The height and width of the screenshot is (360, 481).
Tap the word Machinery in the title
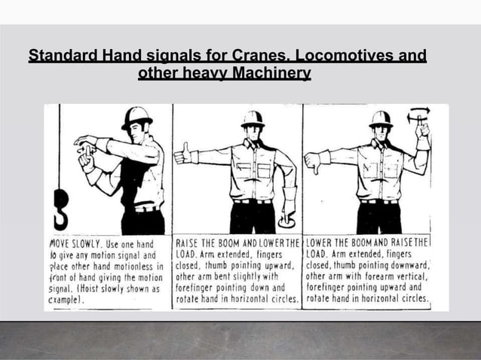pos(271,75)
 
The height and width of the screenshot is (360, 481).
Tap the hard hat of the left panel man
pos(136,117)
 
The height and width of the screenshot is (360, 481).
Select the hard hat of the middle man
pos(253,119)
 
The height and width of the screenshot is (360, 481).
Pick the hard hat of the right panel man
pos(381,119)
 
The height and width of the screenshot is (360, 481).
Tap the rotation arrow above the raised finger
pos(418,114)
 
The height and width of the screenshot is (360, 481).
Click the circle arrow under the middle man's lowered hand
pos(287,221)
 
